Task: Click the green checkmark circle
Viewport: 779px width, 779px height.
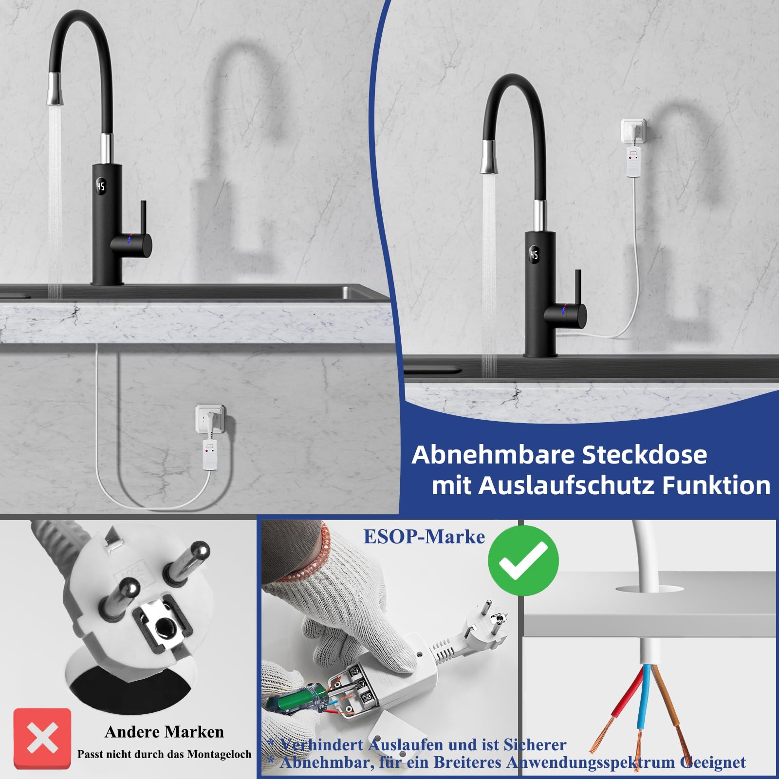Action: point(523,560)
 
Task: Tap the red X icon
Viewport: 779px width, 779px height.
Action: point(42,738)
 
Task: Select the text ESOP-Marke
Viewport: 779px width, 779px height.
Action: point(424,537)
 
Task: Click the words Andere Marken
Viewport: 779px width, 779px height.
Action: point(164,732)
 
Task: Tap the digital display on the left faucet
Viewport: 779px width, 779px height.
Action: point(101,186)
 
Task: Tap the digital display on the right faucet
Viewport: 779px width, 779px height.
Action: point(534,255)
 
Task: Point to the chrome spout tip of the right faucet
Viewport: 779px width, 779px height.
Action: point(489,156)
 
